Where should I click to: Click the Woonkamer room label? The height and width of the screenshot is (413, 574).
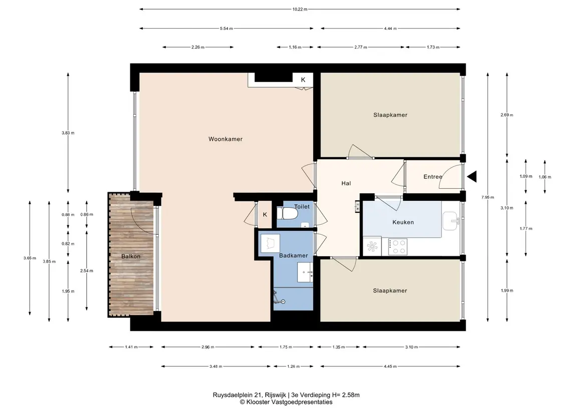coord(226,139)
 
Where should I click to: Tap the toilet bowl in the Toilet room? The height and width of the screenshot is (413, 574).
coord(287,213)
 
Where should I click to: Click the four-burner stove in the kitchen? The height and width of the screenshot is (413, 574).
coord(398,247)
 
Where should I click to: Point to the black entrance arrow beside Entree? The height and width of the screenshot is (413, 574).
coord(472,177)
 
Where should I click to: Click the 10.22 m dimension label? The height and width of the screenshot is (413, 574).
coord(300,9)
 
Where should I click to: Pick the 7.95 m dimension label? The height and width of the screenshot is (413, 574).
coord(488,197)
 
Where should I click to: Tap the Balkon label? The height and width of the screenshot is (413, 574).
coord(131,256)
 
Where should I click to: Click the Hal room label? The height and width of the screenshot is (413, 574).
coord(346,183)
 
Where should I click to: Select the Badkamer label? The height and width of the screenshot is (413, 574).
coord(293,255)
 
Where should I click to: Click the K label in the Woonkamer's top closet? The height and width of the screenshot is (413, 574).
coord(303,80)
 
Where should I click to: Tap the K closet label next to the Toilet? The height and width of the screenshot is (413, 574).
coord(265,215)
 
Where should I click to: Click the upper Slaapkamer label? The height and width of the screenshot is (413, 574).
coord(390,115)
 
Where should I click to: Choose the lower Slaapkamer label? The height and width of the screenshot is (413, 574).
coord(390,290)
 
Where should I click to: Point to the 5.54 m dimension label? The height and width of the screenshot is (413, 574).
coord(226,29)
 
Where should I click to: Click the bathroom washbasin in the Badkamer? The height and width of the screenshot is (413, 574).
coord(305,272)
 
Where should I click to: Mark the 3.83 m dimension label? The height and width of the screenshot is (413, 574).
coord(68,133)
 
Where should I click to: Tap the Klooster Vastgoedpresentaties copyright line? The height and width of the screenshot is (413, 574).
coord(286,402)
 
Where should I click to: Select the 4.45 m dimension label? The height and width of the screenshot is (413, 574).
coord(390,366)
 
